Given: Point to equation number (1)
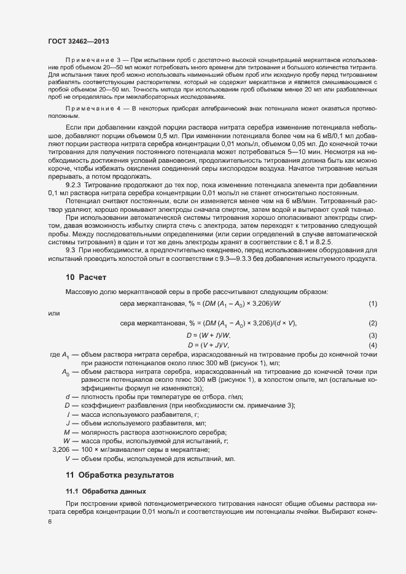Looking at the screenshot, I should [x=372, y=304].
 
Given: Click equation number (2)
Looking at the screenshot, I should [x=372, y=324].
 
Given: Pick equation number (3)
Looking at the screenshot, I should [x=372, y=335].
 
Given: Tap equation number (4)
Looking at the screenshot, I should [x=372, y=345].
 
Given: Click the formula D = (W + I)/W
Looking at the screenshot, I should [x=208, y=335].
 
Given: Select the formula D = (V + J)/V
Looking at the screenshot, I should [x=208, y=345].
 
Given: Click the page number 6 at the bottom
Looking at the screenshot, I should [x=50, y=521].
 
